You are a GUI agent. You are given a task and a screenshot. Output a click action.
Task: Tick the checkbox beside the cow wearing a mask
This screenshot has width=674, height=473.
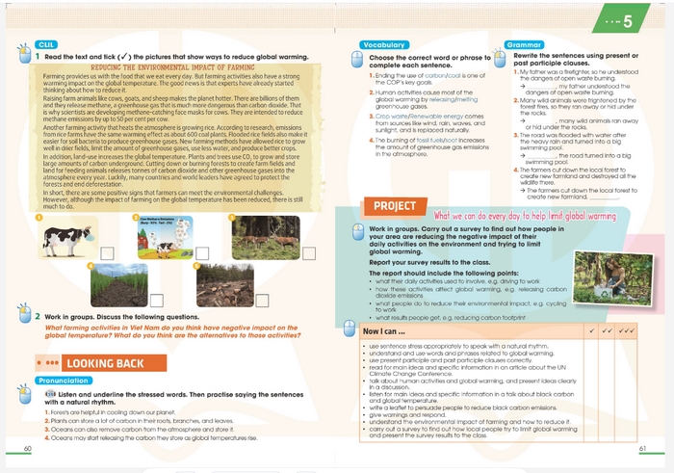pos(108,252)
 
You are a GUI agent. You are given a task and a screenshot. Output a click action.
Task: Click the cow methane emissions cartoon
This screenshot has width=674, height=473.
pos(164,237)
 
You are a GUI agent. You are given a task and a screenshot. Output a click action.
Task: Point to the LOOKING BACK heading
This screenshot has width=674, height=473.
pos(104,364)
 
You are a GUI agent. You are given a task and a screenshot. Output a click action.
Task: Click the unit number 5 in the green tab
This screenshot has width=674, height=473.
pos(627,20)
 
